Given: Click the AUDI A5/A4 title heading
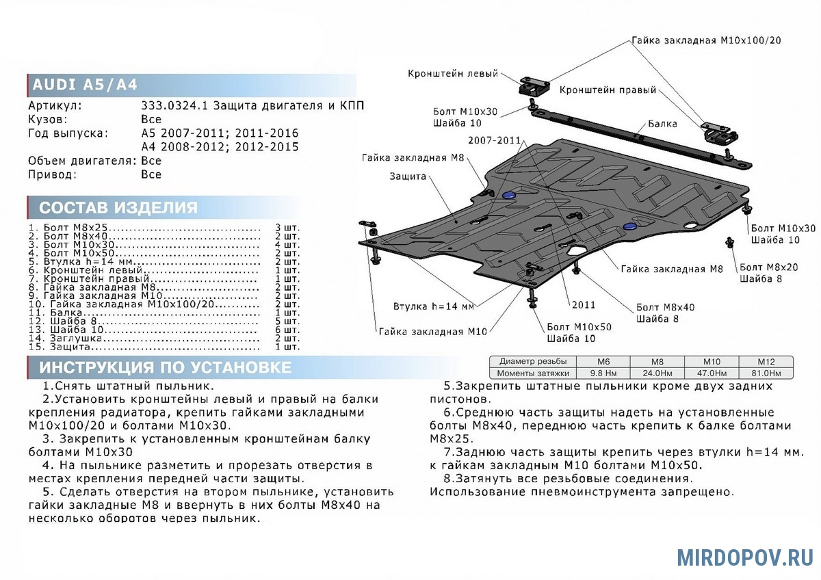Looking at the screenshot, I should point(86,85).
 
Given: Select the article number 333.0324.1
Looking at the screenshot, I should point(174,106).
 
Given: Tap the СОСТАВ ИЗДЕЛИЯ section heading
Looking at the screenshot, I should point(118,208).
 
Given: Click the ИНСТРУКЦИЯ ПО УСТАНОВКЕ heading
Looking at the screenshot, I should point(165,367).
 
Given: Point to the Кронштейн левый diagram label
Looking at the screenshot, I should point(454,74).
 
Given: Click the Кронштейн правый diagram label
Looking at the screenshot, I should point(608,90).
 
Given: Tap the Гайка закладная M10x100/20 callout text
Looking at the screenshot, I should point(706,40).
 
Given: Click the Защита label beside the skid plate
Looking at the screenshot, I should point(408,176).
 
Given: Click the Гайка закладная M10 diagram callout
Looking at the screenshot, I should point(432,332).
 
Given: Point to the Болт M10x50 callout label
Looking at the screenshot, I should point(578,327).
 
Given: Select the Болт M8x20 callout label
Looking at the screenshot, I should point(768,267).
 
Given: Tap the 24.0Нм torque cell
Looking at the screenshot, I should point(657,373).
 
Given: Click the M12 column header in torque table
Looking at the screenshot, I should point(766,362).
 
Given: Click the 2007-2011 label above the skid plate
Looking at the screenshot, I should point(495,140).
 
